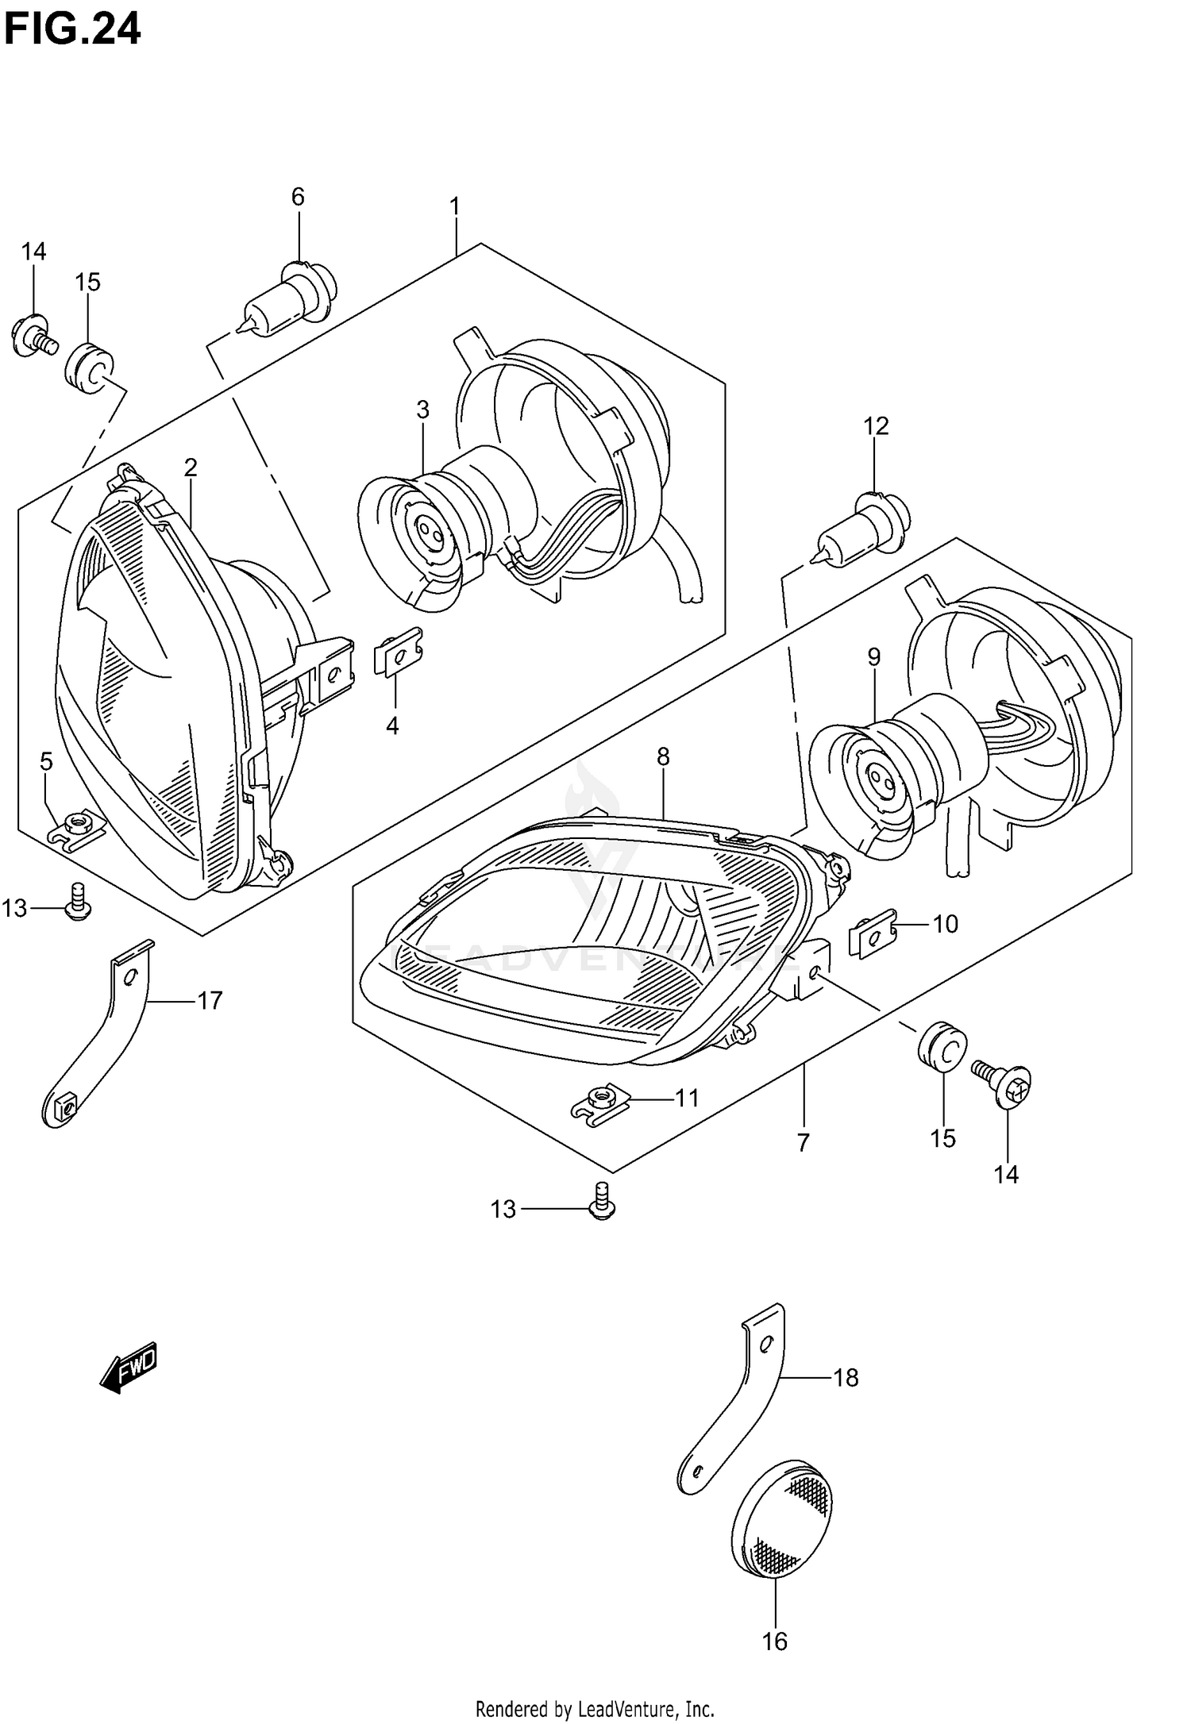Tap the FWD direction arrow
coord(129,1368)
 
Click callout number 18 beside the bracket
coord(846,1378)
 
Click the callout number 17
coord(210,1000)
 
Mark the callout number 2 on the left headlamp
coord(191,468)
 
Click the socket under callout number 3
coord(421,532)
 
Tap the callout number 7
coord(803,1143)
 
